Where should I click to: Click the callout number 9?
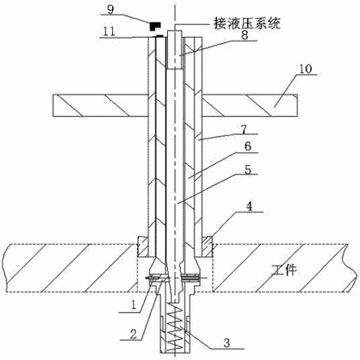(110, 10)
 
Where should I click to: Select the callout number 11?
(109, 31)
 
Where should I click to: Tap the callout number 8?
(245, 35)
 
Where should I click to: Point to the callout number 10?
(306, 69)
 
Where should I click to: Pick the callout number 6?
(248, 146)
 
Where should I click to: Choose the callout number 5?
(248, 170)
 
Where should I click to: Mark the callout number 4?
(249, 206)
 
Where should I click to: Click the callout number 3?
(226, 343)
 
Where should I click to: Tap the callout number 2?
(134, 334)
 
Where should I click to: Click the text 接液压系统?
(246, 23)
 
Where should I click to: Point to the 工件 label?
(284, 270)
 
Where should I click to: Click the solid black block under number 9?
(154, 26)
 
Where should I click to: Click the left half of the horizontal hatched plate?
(101, 106)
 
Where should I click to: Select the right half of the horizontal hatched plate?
(250, 106)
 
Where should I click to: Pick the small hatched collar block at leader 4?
(207, 246)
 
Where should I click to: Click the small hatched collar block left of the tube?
(142, 246)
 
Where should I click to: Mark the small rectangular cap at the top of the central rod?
(174, 50)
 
